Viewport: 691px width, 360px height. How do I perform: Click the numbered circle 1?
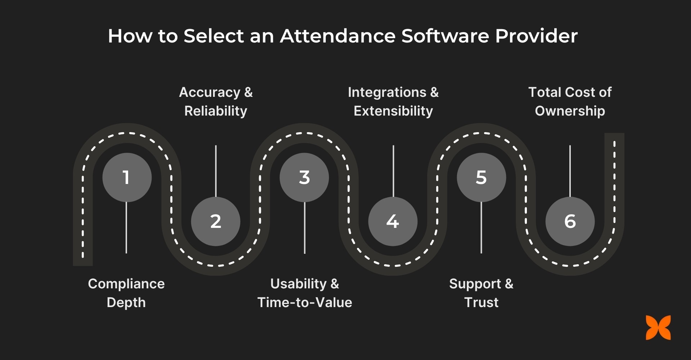point(127,177)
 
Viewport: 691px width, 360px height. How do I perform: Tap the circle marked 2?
point(216,221)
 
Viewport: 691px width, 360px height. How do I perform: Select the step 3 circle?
point(304,177)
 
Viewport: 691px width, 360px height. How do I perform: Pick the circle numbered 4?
point(393,221)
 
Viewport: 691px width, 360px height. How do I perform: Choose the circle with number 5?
point(481,177)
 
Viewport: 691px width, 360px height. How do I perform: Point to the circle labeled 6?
point(570,221)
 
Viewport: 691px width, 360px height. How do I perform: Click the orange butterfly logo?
point(658,328)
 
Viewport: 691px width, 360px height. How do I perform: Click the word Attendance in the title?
point(338,36)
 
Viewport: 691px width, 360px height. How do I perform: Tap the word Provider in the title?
point(536,36)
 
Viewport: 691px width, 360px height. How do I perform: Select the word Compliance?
point(126,284)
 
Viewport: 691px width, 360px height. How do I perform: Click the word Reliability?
point(216,111)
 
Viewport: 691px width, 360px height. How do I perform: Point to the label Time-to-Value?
point(304,302)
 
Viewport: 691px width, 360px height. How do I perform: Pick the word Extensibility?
point(393,111)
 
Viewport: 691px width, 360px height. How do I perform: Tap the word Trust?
point(481,302)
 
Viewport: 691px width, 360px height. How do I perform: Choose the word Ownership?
point(570,111)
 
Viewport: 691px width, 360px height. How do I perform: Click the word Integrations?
point(387,93)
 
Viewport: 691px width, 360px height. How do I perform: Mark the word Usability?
point(298,284)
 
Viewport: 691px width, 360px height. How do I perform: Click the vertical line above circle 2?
point(216,171)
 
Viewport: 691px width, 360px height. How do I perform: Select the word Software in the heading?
point(445,36)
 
